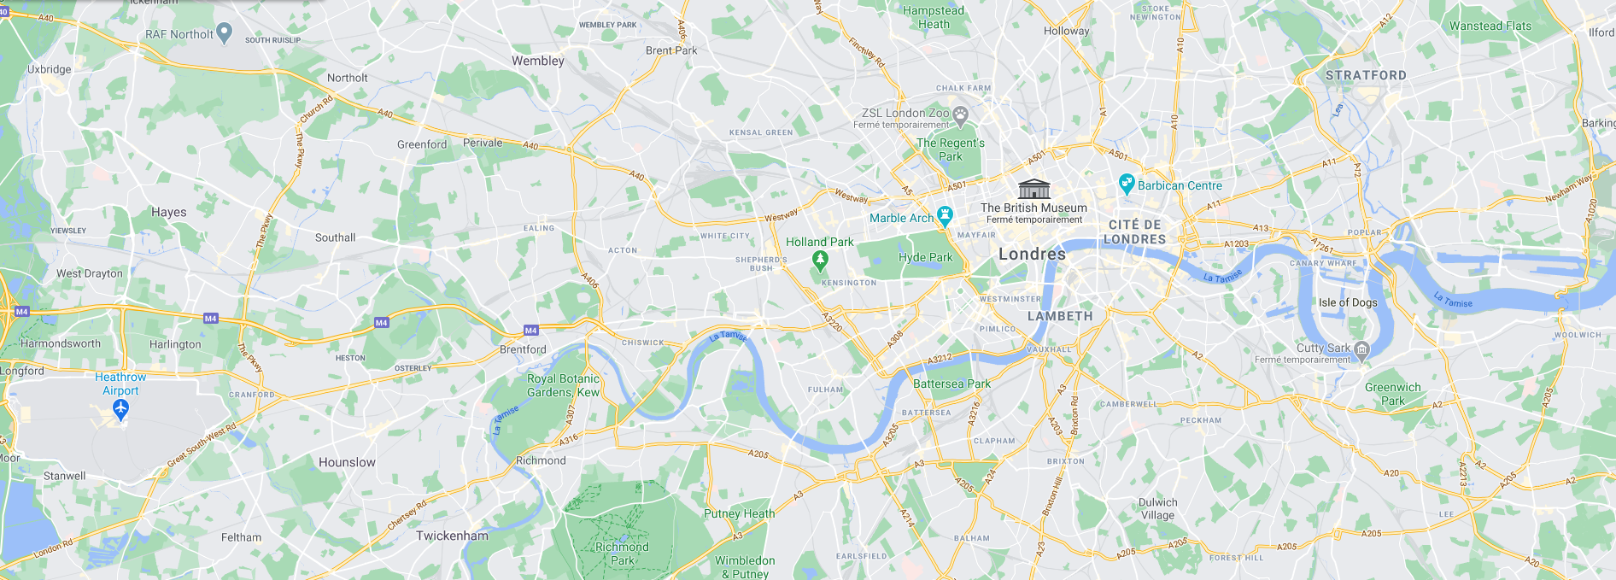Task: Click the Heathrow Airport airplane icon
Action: (x=120, y=409)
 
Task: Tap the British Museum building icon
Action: (x=1033, y=189)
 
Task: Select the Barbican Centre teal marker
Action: (x=1126, y=183)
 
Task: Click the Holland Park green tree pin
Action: (x=820, y=260)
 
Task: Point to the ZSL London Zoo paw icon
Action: (x=960, y=114)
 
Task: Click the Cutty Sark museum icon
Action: (x=1361, y=349)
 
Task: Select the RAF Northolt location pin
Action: (x=224, y=32)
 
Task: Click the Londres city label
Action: (x=1032, y=254)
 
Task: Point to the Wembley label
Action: (x=537, y=61)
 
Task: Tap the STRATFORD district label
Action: (x=1365, y=75)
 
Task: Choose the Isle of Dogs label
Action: (x=1347, y=302)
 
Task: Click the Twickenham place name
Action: (x=452, y=536)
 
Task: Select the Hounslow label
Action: (x=347, y=462)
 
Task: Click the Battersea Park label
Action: (x=951, y=384)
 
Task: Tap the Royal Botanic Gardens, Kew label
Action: (x=563, y=385)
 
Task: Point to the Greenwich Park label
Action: (x=1392, y=394)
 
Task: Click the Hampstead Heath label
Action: (x=933, y=17)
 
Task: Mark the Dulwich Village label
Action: (x=1157, y=508)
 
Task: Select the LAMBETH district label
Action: (x=1059, y=316)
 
